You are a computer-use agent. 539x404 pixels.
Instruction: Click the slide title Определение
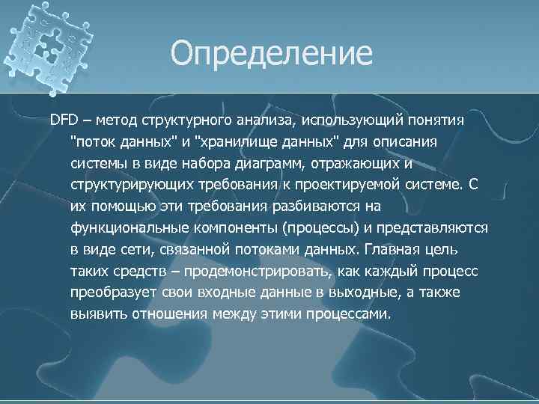[270, 53]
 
